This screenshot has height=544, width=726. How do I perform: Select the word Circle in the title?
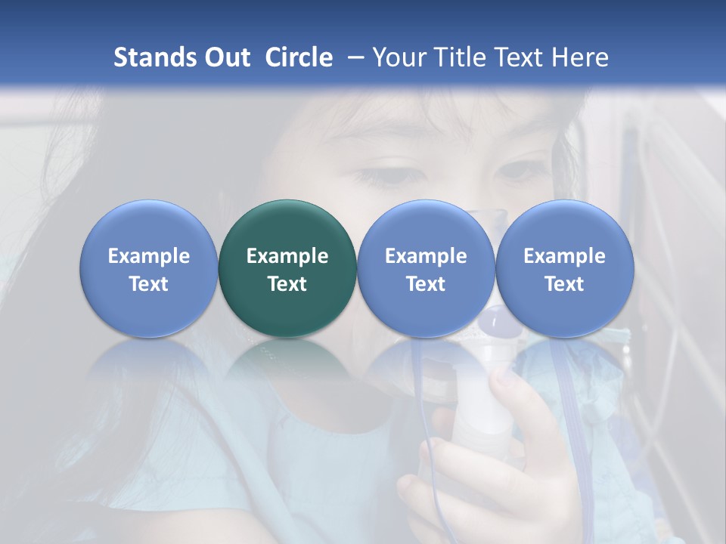[x=299, y=57]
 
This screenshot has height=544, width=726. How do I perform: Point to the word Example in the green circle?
[x=287, y=256]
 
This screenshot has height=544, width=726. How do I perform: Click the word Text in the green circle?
[x=287, y=284]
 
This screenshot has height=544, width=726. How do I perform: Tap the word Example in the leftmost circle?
[x=148, y=256]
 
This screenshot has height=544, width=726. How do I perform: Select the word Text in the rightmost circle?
[x=564, y=284]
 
